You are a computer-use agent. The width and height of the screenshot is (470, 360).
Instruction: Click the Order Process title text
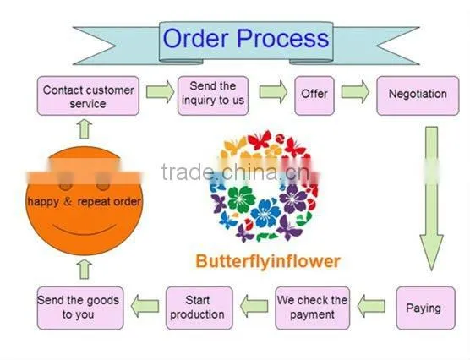coord(246,38)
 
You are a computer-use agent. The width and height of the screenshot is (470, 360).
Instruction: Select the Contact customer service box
coord(88,96)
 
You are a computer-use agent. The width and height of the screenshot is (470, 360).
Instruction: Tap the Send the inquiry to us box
coord(213,96)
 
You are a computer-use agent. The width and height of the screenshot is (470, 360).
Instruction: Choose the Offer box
coord(314,96)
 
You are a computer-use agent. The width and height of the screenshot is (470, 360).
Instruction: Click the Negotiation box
coord(418,96)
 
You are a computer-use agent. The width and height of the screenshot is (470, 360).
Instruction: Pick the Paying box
coord(425,308)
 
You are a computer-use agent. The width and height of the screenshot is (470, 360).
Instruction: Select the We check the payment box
coord(312,308)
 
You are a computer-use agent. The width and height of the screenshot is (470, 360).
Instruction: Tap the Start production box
coord(199,308)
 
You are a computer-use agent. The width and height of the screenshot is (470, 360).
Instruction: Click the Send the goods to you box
coord(80,308)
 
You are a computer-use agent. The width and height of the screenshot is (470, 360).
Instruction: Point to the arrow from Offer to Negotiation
coord(355,92)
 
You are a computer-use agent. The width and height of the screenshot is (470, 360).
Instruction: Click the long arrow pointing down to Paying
coord(431,198)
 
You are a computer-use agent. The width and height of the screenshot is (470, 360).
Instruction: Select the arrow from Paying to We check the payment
coord(371,306)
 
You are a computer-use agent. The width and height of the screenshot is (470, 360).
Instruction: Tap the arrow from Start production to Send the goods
coord(145,306)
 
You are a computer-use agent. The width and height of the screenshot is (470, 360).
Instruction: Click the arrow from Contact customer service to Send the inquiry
coord(160,92)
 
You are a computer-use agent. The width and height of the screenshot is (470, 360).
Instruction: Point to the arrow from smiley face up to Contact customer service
coord(85,129)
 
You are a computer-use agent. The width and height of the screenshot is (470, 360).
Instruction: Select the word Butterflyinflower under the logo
coord(268,261)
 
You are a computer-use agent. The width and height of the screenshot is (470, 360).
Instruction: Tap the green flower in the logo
coord(241,199)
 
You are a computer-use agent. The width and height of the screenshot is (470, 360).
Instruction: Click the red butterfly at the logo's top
coord(260,140)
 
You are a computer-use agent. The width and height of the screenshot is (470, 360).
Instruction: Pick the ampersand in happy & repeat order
coord(68,201)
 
